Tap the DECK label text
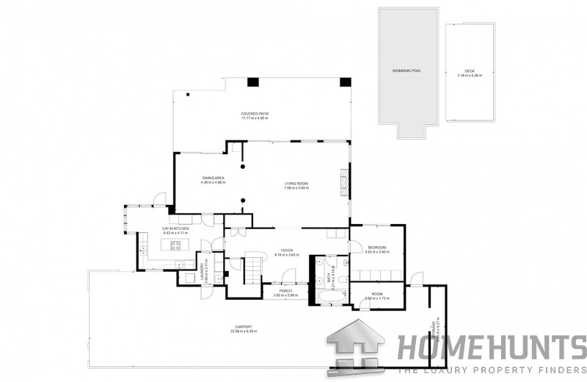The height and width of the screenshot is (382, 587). coord(470,71)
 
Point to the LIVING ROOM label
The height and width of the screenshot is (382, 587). coord(296,183)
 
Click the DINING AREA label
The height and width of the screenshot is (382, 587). coord(213,178)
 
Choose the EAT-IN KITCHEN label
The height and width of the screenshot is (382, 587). coord(176,228)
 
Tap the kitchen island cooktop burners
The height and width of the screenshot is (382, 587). coord(176,245)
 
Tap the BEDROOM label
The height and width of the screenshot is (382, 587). coord(376,248)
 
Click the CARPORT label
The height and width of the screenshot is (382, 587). coord(244,326)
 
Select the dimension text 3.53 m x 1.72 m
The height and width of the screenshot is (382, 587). coord(376,299)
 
